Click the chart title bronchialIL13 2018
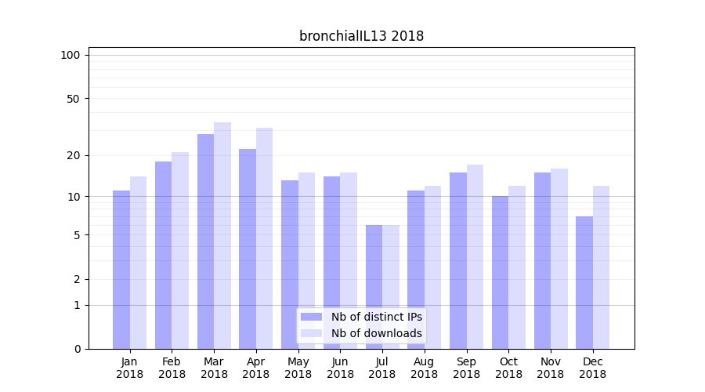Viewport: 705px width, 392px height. point(361,36)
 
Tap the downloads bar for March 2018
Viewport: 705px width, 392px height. point(222,235)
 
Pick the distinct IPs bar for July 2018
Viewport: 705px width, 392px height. point(374,287)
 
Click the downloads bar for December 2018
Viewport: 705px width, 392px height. point(601,267)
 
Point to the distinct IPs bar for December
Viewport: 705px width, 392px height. point(584,282)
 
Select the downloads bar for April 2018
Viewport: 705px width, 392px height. point(264,238)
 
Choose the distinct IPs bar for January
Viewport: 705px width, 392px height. point(121,270)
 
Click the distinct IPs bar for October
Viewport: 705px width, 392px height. point(500,272)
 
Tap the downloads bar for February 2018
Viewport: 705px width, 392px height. point(180,250)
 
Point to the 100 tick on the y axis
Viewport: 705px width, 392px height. point(70,55)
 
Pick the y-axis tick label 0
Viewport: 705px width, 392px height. point(77,349)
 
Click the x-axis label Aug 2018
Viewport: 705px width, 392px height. point(424,368)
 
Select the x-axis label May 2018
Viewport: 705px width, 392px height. point(298,368)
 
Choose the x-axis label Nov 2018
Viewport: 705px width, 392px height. point(550,368)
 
